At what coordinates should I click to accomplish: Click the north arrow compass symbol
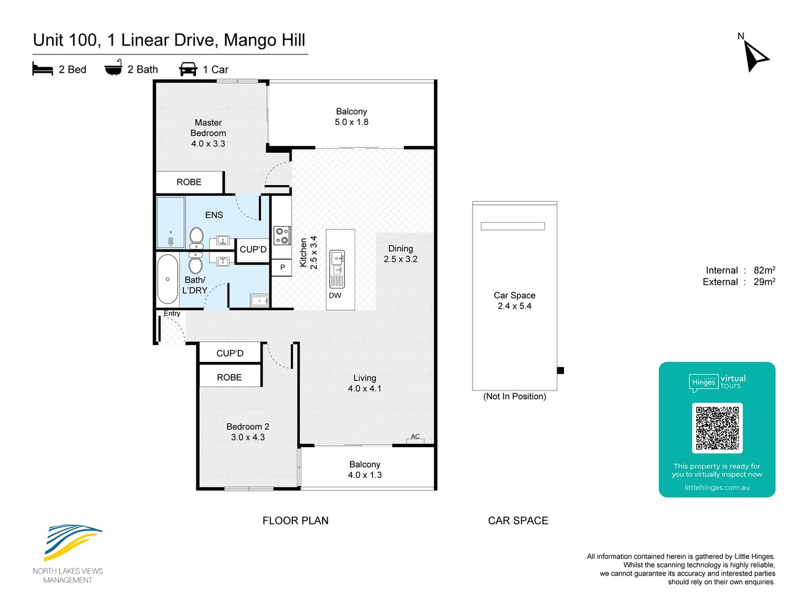(x=754, y=55)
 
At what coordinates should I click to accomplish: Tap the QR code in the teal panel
(x=717, y=428)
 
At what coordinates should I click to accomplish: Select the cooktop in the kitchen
(x=282, y=235)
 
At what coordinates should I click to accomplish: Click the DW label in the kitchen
(x=334, y=295)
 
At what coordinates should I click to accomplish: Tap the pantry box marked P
(x=282, y=268)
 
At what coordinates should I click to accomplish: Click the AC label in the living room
(x=415, y=436)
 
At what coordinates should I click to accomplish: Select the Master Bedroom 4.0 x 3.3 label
(x=208, y=133)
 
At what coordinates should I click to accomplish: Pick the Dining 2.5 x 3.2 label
(x=401, y=254)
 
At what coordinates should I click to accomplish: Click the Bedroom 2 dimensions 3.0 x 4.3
(x=248, y=437)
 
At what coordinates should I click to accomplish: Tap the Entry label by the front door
(x=172, y=313)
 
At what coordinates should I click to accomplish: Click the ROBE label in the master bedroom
(x=189, y=182)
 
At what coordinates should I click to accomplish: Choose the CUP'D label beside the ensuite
(x=253, y=250)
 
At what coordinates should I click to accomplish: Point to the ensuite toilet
(x=196, y=238)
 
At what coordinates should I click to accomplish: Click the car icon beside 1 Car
(x=188, y=69)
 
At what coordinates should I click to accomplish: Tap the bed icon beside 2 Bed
(x=43, y=69)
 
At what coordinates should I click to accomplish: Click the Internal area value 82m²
(x=764, y=270)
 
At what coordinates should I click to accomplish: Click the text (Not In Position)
(x=514, y=396)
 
